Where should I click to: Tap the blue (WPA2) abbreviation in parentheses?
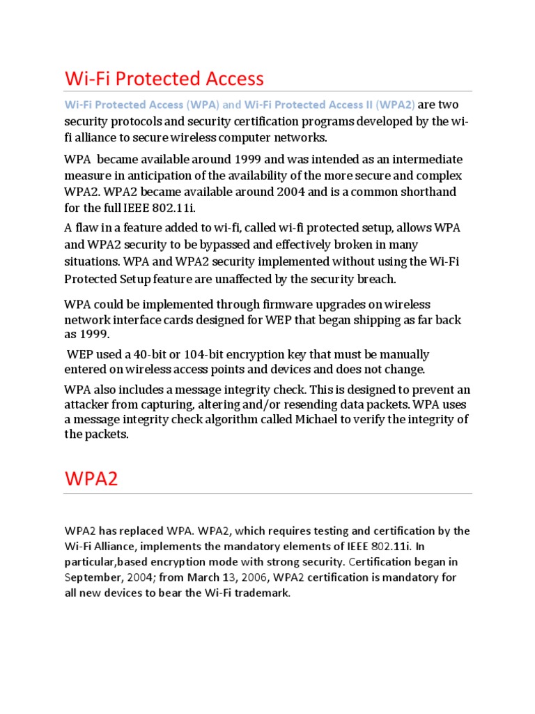[x=395, y=105]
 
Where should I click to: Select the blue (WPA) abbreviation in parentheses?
[x=203, y=105]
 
